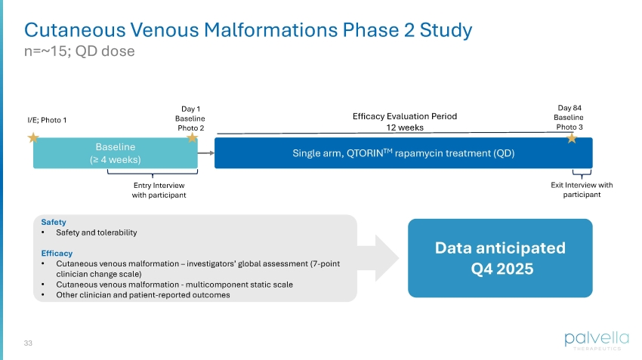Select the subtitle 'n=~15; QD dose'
coord(79,51)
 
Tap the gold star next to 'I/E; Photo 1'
coord(33,138)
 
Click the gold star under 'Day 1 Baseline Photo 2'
coord(192,138)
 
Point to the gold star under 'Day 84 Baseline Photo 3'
coord(572,138)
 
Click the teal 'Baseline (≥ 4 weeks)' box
coord(115,152)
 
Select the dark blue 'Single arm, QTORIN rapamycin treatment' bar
coord(403,152)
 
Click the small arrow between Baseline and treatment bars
coord(205,152)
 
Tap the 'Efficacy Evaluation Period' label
coord(405,116)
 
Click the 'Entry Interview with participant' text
coord(159,189)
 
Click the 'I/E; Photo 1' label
coord(46,119)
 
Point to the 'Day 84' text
coord(570,108)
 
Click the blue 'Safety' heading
coord(54,223)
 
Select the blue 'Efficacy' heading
coord(57,254)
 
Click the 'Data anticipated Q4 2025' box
coord(500,258)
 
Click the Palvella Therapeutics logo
coord(592,340)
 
